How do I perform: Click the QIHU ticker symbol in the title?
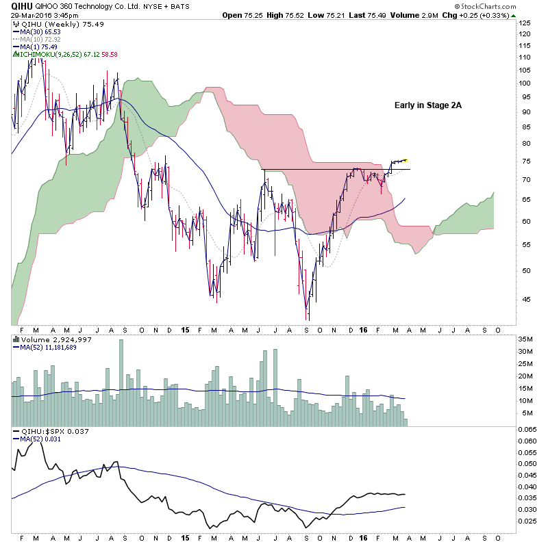[x=22, y=5]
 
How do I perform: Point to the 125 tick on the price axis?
[x=525, y=23]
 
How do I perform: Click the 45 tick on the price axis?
[x=522, y=298]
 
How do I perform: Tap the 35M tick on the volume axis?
[x=525, y=339]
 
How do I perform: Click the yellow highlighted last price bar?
[x=405, y=159]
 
